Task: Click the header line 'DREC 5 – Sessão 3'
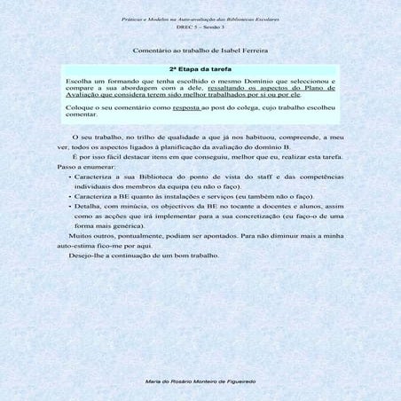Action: [x=200, y=27]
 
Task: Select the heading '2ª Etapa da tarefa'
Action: [x=200, y=68]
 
